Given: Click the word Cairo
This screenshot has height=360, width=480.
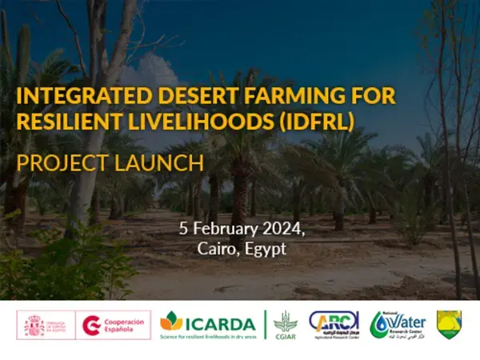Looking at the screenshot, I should click(216, 249).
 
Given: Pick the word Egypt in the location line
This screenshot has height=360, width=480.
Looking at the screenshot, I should click(264, 249).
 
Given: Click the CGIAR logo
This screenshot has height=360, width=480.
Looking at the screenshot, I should click(285, 326).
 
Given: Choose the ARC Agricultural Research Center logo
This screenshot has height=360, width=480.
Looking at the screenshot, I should click(334, 326).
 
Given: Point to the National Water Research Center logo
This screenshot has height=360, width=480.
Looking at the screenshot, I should click(398, 325).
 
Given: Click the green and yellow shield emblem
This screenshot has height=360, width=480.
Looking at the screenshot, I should click(450, 325).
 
